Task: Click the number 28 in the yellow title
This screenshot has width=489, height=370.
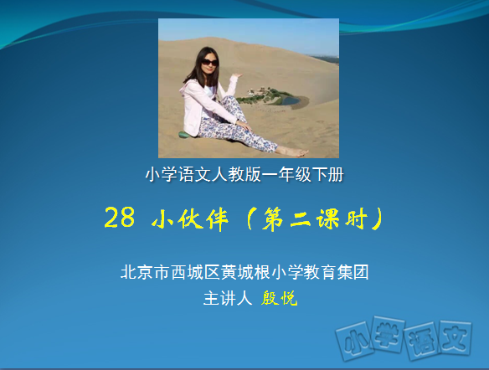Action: point(120,218)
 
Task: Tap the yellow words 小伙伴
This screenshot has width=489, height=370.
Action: point(190,218)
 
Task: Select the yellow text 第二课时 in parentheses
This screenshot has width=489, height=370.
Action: point(316,218)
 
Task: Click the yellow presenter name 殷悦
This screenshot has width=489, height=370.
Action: point(279,298)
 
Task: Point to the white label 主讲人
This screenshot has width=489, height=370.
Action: point(228,298)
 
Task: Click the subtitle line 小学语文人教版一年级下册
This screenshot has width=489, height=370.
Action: point(244,174)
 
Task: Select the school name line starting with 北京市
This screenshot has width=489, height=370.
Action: point(244,272)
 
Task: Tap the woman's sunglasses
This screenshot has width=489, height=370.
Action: point(209,62)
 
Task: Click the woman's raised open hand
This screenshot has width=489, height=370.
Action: point(236,75)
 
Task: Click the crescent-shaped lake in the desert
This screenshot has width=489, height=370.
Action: point(291,100)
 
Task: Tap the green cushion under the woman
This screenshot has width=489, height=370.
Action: point(184,135)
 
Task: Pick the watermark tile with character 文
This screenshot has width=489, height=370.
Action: point(456,338)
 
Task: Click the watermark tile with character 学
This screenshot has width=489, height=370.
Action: point(388,334)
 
